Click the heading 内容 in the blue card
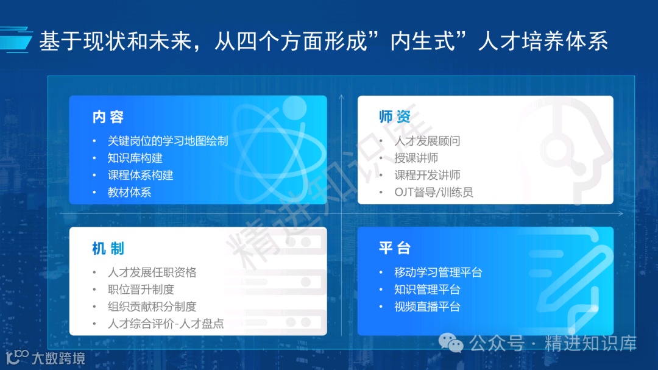click(108, 117)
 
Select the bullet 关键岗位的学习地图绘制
click(168, 141)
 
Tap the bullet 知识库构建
click(135, 158)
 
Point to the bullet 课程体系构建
click(140, 175)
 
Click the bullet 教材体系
click(129, 192)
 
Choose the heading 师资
click(394, 117)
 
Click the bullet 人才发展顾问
click(427, 141)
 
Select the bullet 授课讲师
click(416, 158)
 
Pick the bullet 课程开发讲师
click(427, 175)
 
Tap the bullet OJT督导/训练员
click(433, 192)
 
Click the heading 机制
click(108, 248)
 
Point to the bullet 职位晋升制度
click(140, 290)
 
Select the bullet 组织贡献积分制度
click(152, 307)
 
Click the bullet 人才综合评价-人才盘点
click(166, 324)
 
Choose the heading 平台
click(394, 248)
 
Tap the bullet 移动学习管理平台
click(438, 272)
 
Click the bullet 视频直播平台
click(427, 307)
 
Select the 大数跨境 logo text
click(58, 358)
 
